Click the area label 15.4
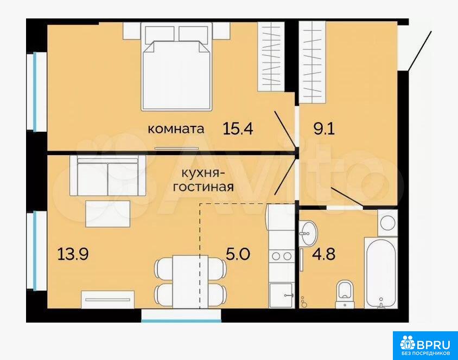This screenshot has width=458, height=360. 238,128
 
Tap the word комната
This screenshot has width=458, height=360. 175,128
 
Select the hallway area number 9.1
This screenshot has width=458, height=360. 324,128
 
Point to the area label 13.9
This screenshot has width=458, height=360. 73,254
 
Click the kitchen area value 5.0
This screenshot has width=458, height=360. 238,254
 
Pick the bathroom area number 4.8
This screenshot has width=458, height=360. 323,254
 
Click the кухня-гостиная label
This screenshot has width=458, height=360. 203,181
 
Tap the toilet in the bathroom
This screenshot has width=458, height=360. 345,294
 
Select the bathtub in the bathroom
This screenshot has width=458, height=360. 380,273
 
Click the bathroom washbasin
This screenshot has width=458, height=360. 309,233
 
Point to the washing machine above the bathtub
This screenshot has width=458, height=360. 387,223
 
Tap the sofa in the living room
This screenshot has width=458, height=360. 108,176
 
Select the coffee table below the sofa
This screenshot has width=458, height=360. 108,214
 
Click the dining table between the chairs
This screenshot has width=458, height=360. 190,282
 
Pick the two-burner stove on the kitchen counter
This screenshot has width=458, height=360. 282,256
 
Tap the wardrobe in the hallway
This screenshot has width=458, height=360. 313,62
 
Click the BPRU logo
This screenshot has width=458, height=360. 425,346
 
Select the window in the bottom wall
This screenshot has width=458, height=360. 181,316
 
